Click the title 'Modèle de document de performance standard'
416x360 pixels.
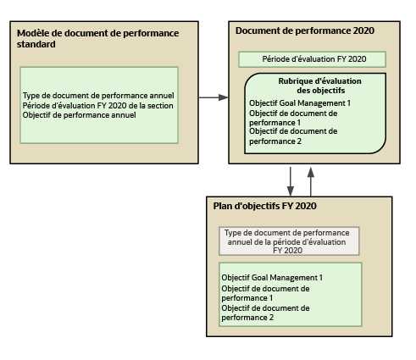[x=97, y=38]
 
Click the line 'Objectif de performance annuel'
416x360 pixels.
[x=79, y=115]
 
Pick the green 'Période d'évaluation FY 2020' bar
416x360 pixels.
[x=312, y=59]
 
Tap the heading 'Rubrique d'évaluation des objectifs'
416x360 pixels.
[x=314, y=86]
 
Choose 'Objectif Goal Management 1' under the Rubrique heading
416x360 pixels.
[x=300, y=102]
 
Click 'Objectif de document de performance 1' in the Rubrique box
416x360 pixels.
[x=293, y=117]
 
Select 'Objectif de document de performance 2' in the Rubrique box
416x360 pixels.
[x=293, y=136]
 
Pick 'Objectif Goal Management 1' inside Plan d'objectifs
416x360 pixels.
[x=272, y=277]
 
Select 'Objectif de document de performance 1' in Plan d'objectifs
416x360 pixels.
[x=264, y=293]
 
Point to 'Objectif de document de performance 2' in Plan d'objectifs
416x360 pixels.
[x=264, y=313]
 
